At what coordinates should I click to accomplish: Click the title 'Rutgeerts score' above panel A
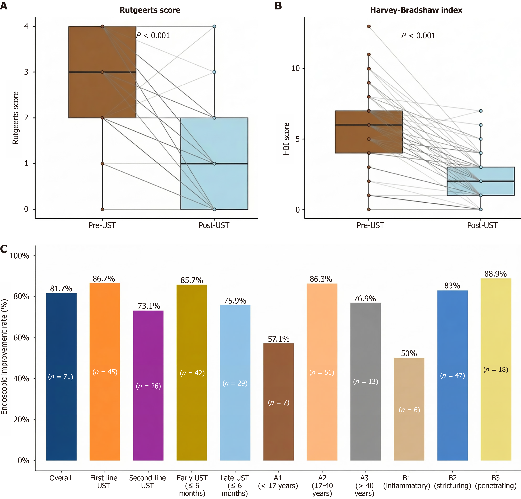coord(150,10)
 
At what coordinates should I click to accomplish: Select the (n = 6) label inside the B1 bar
coord(409,410)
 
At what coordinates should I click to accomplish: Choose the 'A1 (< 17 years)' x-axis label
coord(278,482)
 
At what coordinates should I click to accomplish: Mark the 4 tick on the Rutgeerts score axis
coord(26,26)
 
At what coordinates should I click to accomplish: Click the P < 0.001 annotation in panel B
coord(418,36)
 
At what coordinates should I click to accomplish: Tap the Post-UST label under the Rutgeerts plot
coord(214,225)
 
